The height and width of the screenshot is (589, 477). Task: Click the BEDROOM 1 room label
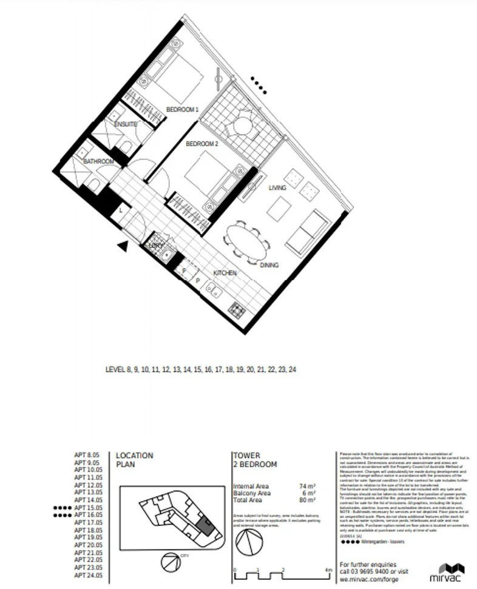tap(182, 110)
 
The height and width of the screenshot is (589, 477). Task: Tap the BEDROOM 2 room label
tap(201, 144)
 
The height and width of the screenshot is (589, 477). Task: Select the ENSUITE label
tap(126, 124)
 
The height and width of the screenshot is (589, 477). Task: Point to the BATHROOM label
tap(98, 161)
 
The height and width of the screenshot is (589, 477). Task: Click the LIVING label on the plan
tap(277, 188)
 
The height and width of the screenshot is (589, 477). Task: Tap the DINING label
tap(269, 266)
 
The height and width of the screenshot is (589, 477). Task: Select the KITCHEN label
tap(224, 274)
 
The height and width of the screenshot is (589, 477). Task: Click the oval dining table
tap(248, 239)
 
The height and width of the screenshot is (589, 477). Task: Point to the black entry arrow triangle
tap(123, 245)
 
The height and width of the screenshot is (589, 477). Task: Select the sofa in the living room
tap(305, 233)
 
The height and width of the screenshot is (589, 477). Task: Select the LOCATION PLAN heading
tap(134, 460)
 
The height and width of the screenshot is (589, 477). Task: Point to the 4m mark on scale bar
tap(328, 570)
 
